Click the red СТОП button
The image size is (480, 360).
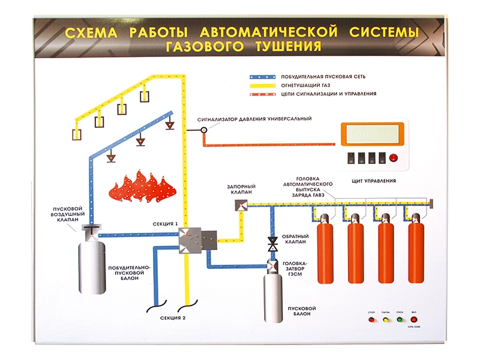pos(371,320)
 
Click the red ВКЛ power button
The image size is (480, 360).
pos(414,320)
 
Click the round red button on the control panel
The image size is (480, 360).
pos(394,158)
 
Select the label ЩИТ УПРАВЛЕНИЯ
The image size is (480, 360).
pos(373,181)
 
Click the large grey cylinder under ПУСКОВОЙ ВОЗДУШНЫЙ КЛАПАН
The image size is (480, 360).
pos(92,264)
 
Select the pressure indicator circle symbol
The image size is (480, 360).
pos(204,129)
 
